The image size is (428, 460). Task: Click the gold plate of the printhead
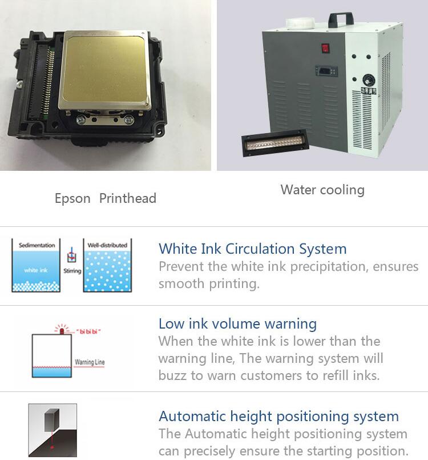point(104,70)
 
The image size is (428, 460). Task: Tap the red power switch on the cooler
point(325,48)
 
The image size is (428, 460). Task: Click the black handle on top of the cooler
point(341,19)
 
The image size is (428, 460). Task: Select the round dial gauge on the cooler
point(368,80)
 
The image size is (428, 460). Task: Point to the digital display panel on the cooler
point(326,70)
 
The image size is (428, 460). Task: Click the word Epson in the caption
point(72,199)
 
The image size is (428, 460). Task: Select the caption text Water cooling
point(322,190)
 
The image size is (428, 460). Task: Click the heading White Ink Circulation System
point(253,249)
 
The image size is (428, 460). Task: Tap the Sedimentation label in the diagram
point(37,245)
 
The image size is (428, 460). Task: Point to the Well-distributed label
point(107,245)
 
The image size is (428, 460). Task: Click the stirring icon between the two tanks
point(72,255)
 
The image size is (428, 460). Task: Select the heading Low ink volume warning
point(237,324)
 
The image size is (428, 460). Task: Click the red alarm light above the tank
point(62,330)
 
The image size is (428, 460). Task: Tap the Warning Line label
point(90,362)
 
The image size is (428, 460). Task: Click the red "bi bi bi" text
point(88,331)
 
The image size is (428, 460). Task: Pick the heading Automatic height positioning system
point(278,417)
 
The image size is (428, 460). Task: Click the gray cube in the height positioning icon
point(51,421)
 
